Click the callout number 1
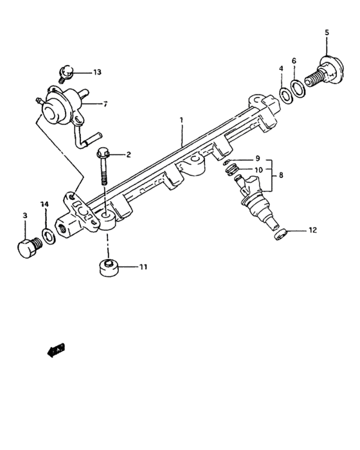click(182, 120)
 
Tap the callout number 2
click(129, 154)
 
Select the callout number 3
click(25, 216)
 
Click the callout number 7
click(105, 103)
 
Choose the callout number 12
click(313, 230)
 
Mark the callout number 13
click(97, 72)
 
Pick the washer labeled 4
click(283, 96)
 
